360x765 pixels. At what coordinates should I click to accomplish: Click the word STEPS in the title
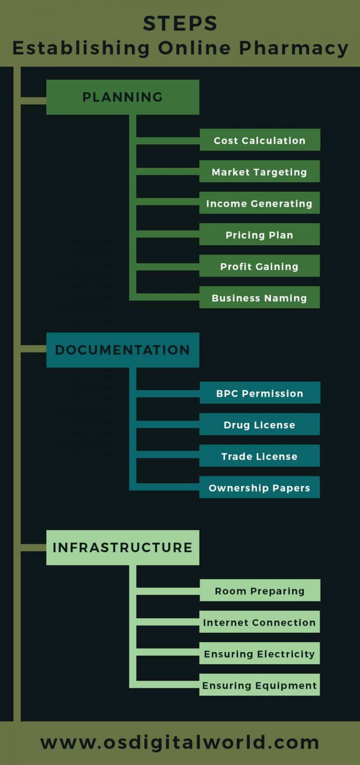click(x=180, y=23)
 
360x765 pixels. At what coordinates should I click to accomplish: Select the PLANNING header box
click(x=123, y=97)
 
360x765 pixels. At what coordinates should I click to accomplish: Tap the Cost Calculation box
click(x=260, y=140)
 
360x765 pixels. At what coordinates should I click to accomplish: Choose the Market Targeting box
click(x=260, y=171)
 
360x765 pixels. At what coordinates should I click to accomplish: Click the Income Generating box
click(x=260, y=202)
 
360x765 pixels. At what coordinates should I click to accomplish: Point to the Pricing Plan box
click(x=260, y=234)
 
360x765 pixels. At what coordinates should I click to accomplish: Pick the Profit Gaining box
click(x=260, y=265)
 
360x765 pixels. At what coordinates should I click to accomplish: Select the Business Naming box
click(x=260, y=297)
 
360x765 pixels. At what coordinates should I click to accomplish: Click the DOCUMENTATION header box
click(x=123, y=350)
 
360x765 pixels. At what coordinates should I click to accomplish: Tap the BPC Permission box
click(x=260, y=392)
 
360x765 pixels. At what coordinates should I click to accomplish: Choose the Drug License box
click(x=260, y=424)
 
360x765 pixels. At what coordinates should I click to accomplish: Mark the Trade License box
click(x=260, y=456)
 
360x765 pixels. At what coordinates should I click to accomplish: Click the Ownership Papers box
click(x=260, y=487)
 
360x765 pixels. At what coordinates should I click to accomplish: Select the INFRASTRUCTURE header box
click(x=123, y=547)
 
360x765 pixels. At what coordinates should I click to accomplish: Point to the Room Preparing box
click(x=260, y=590)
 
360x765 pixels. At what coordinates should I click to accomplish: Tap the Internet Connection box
click(x=260, y=622)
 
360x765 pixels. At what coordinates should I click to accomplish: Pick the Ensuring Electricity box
click(x=260, y=653)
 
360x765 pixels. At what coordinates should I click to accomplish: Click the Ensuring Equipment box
click(x=260, y=684)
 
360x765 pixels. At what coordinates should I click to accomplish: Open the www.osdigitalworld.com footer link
click(x=180, y=743)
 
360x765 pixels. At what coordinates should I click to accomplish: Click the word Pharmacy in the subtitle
click(x=294, y=48)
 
